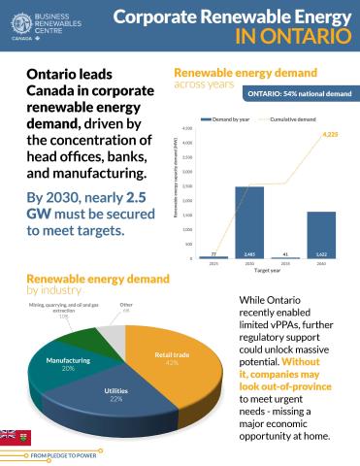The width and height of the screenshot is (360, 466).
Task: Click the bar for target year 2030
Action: [x=249, y=221]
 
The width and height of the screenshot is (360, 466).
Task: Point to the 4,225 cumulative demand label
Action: [x=330, y=134]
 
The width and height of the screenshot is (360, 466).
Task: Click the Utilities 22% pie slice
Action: [x=115, y=393]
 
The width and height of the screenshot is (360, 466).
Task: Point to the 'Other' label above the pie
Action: [x=126, y=306]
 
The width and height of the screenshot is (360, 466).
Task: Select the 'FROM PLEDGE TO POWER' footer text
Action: [x=63, y=453]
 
